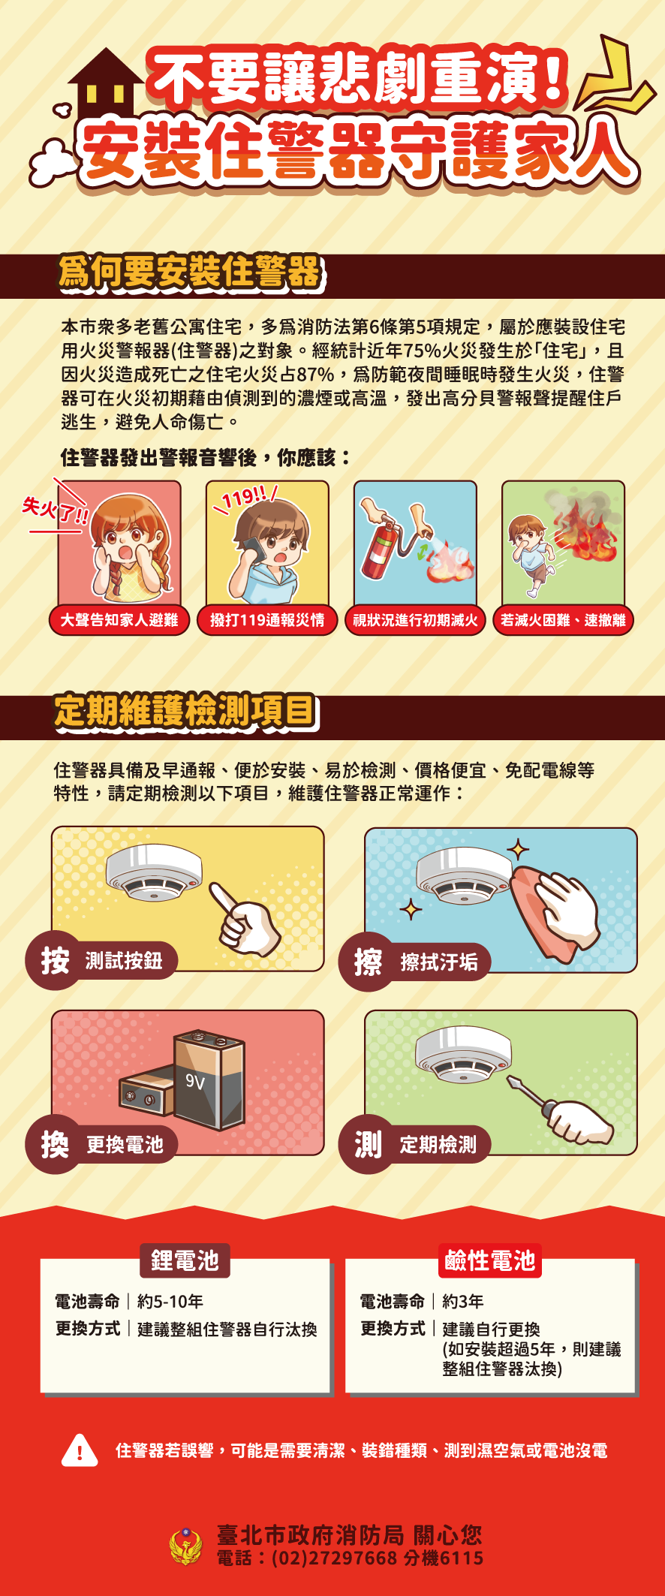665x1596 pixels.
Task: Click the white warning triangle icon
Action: click(80, 1450)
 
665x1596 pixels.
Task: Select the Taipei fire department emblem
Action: click(186, 1546)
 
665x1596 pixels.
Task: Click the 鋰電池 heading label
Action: click(185, 1260)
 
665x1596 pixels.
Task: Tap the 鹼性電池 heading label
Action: click(489, 1260)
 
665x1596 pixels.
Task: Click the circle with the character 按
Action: click(55, 960)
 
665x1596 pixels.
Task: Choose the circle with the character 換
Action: click(55, 1145)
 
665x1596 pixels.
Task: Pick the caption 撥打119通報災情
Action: click(267, 620)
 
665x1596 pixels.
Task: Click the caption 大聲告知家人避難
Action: click(119, 620)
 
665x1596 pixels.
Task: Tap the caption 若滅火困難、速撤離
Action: click(563, 620)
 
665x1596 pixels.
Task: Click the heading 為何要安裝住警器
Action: click(189, 272)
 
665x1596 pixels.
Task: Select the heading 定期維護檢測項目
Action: click(185, 711)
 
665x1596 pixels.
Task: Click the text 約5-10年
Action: click(170, 1301)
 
